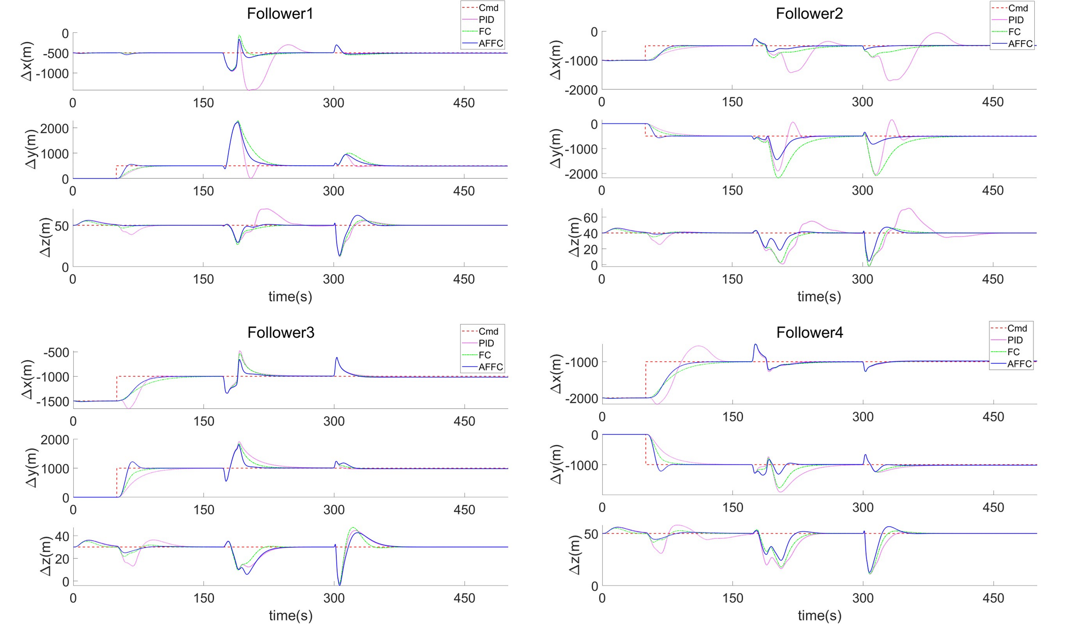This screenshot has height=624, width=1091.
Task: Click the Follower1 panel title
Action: coord(280,14)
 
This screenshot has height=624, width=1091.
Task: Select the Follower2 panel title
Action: coord(809,14)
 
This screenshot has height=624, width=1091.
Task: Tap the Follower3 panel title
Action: coord(281,333)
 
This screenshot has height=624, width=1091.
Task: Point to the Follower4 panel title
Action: coord(810,333)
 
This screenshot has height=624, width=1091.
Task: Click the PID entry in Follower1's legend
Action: coord(486,20)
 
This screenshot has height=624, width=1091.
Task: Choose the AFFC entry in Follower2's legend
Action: coord(1020,44)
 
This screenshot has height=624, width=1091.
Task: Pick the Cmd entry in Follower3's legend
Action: coord(488,331)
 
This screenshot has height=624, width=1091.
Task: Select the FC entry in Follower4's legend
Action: coord(1013,352)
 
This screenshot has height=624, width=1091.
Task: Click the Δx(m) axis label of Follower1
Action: coord(27,61)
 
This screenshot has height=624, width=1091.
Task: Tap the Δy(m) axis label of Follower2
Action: coord(555,149)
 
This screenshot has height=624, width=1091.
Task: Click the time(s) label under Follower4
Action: coord(819,615)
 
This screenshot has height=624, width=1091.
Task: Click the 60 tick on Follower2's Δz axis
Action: coord(590,217)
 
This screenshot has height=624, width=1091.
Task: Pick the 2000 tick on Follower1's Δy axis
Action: coord(54,128)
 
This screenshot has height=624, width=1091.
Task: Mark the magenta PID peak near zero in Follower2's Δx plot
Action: coord(937,33)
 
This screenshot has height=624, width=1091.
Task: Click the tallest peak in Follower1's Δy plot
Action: coord(237,122)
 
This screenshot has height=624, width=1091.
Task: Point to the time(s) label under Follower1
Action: coord(290,297)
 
